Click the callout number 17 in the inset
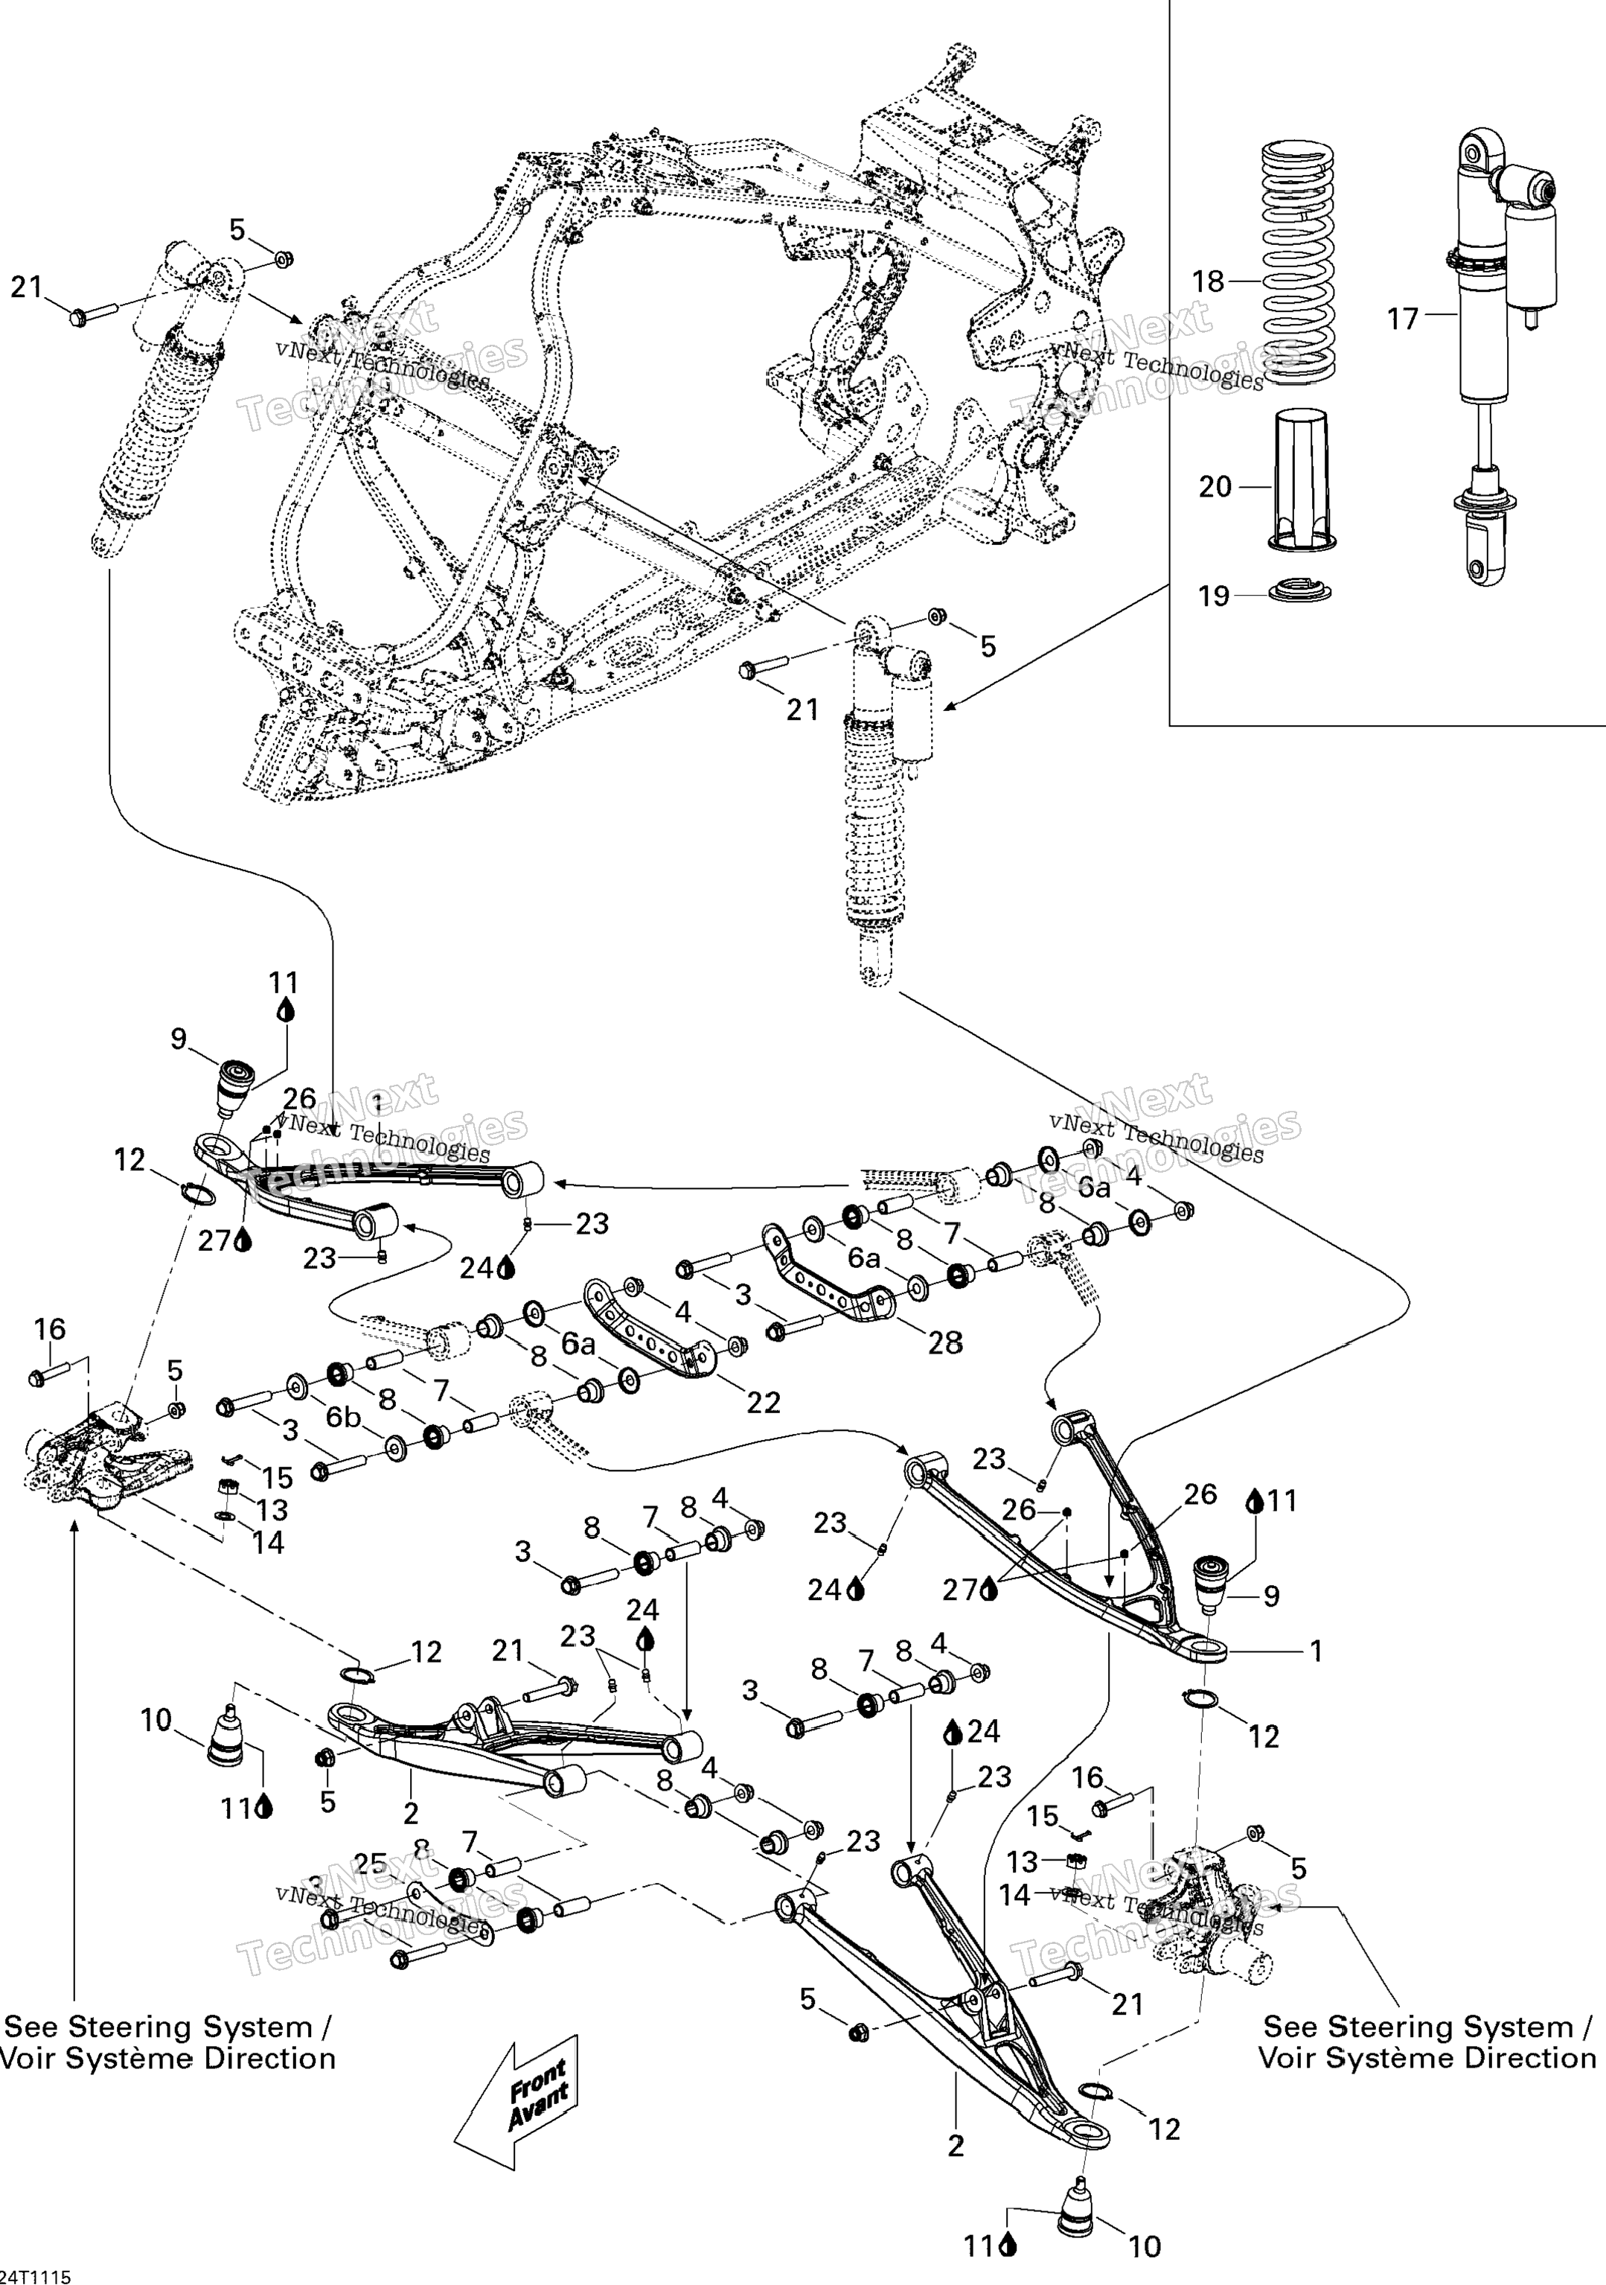pos(1402,319)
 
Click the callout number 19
pos(1214,596)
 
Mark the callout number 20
pos(1215,487)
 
